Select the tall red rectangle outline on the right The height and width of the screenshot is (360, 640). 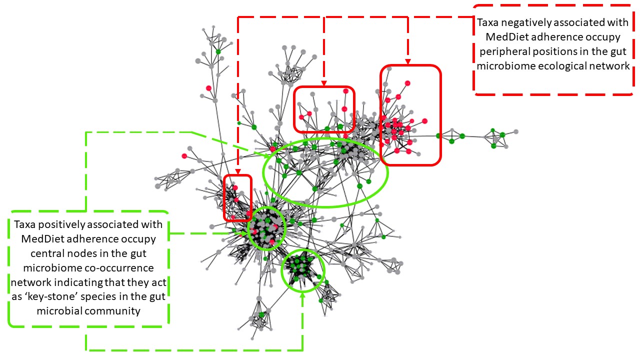(440, 115)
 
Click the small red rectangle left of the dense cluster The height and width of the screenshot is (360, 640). (224, 197)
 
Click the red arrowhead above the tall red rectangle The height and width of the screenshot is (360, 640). (407, 61)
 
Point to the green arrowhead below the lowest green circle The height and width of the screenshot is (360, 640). (302, 295)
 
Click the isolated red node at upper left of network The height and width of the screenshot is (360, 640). (208, 88)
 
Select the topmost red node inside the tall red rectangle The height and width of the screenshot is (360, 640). (407, 83)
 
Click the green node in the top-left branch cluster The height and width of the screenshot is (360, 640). (218, 51)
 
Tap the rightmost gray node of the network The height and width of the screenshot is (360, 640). (515, 132)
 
